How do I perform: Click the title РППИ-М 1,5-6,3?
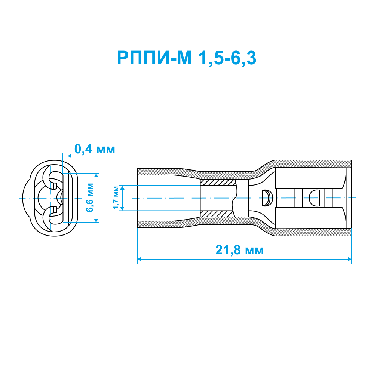(x=187, y=58)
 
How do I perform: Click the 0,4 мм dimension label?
(x=95, y=149)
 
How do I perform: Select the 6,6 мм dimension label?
(x=90, y=197)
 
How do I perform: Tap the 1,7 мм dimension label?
(x=116, y=197)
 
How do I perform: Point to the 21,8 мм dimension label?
(x=239, y=250)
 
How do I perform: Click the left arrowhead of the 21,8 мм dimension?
(x=139, y=259)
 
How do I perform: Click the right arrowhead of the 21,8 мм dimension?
(x=349, y=259)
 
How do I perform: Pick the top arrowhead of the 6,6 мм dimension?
(x=96, y=175)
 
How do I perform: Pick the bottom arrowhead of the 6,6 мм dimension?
(x=96, y=220)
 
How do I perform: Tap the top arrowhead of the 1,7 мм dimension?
(x=123, y=187)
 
